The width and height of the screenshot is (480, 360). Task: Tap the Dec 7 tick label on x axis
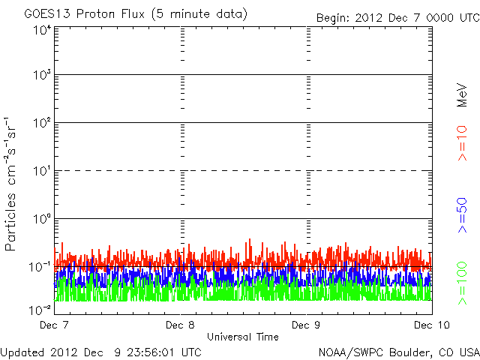[x=55, y=325]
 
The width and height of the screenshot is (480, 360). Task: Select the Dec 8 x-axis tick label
[x=180, y=325]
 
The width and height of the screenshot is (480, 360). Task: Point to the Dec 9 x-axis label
[x=305, y=325]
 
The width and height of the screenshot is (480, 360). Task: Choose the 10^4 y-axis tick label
[x=41, y=29]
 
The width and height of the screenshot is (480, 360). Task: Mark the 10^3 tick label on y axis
[x=41, y=76]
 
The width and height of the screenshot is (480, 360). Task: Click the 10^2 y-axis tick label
[x=41, y=124]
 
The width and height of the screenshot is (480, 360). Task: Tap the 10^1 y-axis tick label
[x=41, y=171]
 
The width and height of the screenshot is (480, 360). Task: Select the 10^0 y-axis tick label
[x=41, y=219]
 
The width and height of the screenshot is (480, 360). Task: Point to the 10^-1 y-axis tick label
[x=40, y=267]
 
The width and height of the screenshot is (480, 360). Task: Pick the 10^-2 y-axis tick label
[x=40, y=309]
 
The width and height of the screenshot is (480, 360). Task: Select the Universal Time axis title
[x=243, y=337]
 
